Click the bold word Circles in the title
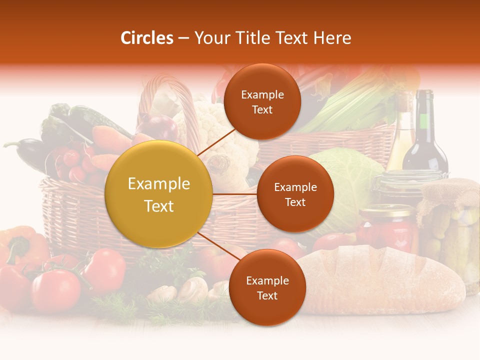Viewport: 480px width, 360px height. point(147,37)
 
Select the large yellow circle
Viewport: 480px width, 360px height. point(159,194)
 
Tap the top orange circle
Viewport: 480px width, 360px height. point(262,101)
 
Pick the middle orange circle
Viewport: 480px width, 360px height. point(295,194)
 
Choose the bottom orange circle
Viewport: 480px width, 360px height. point(267,287)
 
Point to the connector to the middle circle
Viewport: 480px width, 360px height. point(235,194)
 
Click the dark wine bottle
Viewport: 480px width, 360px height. point(424,135)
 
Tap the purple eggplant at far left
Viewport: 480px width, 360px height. point(27,150)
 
